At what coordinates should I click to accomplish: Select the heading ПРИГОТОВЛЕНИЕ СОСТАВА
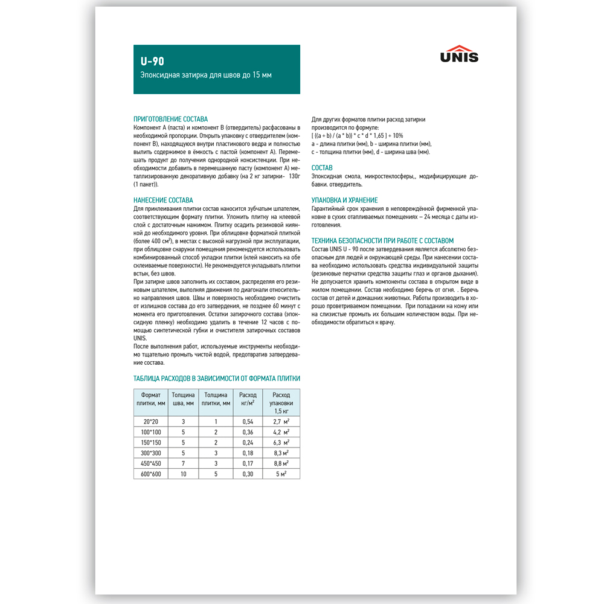pyautogui.click(x=170, y=119)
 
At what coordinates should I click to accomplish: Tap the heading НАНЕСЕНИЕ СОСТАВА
pyautogui.click(x=163, y=200)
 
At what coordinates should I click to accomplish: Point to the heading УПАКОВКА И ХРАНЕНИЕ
pyautogui.click(x=344, y=200)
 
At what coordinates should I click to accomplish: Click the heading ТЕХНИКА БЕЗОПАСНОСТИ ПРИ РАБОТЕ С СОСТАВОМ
pyautogui.click(x=382, y=240)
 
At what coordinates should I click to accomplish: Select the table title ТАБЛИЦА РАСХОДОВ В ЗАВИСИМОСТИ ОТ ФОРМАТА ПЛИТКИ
pyautogui.click(x=217, y=379)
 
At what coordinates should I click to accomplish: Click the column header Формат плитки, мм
pyautogui.click(x=151, y=399)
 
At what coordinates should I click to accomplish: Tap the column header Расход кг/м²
pyautogui.click(x=248, y=399)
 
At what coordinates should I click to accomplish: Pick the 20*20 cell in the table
pyautogui.click(x=151, y=421)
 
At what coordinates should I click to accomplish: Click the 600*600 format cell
pyautogui.click(x=151, y=474)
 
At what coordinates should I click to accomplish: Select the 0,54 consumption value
pyautogui.click(x=248, y=421)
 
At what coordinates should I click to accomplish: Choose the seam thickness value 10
pyautogui.click(x=183, y=474)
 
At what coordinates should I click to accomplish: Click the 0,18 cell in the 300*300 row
pyautogui.click(x=248, y=453)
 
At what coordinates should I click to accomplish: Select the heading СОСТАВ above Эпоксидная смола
pyautogui.click(x=322, y=168)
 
